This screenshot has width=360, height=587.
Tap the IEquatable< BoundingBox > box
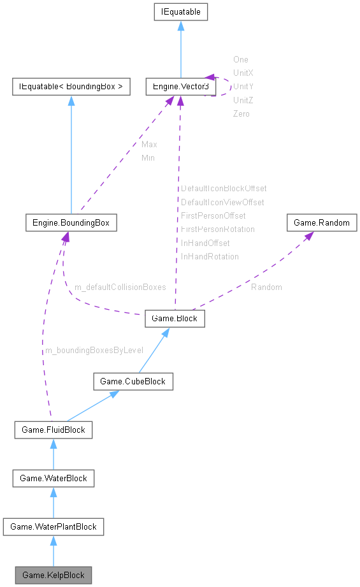click(x=70, y=86)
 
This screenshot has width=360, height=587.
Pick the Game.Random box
click(x=322, y=223)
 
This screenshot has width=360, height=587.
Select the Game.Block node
click(x=175, y=319)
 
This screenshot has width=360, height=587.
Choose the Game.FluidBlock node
click(x=54, y=430)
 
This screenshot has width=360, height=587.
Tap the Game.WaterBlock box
click(x=54, y=478)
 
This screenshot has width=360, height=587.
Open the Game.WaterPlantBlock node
click(x=54, y=526)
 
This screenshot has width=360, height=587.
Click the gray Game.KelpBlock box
click(x=54, y=575)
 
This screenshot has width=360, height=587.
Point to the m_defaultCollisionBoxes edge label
click(x=120, y=287)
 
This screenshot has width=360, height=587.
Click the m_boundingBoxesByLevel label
click(x=93, y=350)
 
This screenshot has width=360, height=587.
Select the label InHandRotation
click(x=210, y=256)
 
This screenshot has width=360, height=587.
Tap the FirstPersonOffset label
click(x=213, y=215)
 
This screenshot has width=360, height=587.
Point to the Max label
click(x=149, y=144)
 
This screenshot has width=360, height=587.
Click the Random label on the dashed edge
click(x=266, y=287)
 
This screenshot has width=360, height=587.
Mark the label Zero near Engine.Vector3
click(x=241, y=113)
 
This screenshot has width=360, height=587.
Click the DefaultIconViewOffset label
click(x=222, y=202)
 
